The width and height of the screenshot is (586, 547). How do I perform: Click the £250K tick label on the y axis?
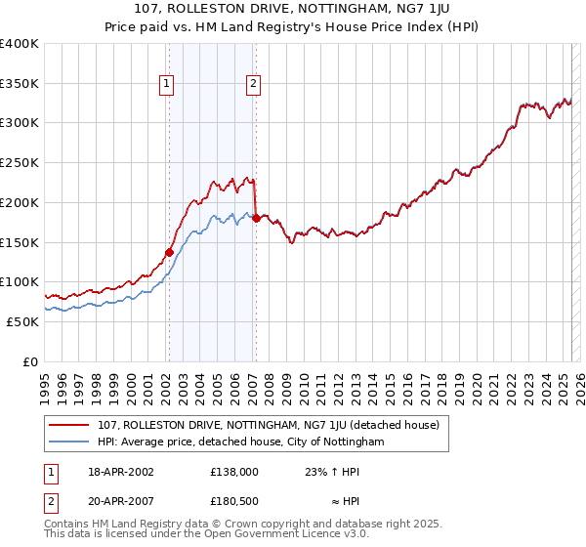click(x=20, y=162)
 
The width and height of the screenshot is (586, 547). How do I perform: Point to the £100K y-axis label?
click(x=20, y=281)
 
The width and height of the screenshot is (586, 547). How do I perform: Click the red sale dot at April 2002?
click(x=169, y=252)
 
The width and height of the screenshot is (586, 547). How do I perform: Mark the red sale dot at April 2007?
click(x=256, y=218)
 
